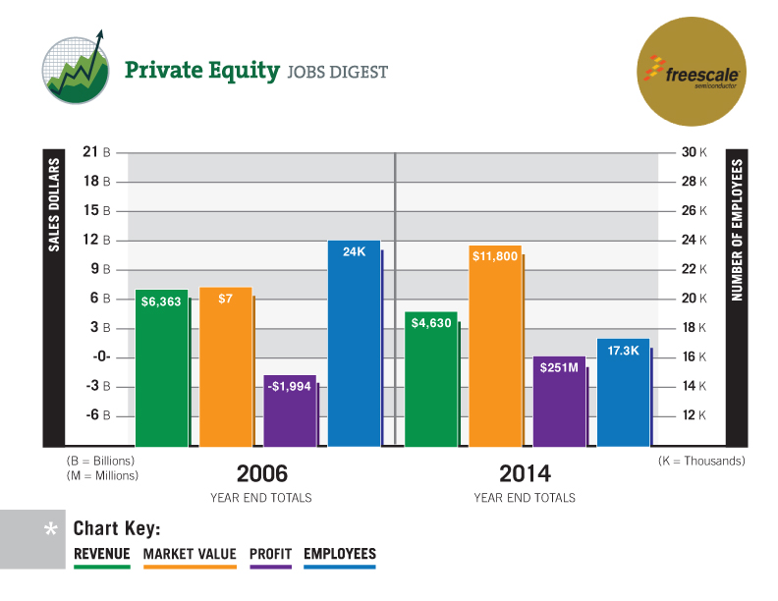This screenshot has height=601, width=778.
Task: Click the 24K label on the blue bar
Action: point(354,252)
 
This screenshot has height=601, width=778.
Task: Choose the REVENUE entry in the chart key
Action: point(102,554)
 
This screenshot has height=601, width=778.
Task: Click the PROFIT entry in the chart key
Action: point(270,554)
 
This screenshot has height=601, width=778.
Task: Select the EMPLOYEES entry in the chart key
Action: point(340,554)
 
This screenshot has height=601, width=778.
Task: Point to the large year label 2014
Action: point(525,472)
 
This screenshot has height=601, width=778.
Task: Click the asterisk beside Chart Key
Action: point(50,531)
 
